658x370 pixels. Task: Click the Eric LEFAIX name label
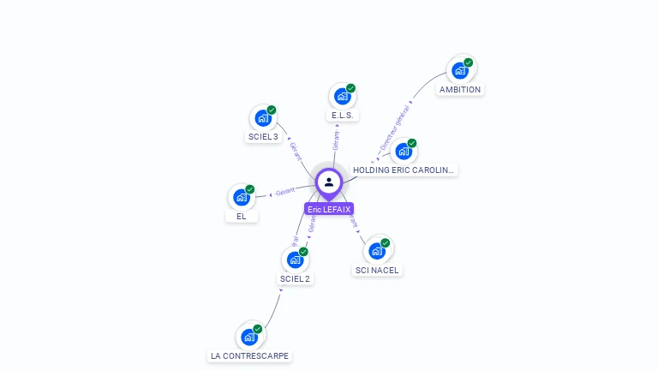click(329, 209)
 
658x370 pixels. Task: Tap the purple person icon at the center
click(329, 182)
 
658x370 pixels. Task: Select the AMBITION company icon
click(461, 70)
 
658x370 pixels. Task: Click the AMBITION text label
click(460, 89)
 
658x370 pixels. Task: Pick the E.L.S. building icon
click(343, 96)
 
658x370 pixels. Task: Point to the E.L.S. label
click(343, 115)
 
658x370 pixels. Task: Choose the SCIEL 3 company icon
click(263, 118)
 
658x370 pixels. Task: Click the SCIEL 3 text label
click(263, 137)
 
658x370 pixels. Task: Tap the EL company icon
click(242, 197)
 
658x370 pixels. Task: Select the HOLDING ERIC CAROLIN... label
click(404, 170)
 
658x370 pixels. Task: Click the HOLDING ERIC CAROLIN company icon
click(404, 151)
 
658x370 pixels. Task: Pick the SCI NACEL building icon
click(377, 251)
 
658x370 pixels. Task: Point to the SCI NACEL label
click(377, 270)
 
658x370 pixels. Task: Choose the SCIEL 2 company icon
click(295, 260)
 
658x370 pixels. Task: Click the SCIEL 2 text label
click(295, 278)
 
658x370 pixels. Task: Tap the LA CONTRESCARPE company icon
click(249, 337)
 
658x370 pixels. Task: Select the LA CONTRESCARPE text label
click(250, 355)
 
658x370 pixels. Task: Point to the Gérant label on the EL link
click(285, 191)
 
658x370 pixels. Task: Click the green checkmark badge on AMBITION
click(470, 62)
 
